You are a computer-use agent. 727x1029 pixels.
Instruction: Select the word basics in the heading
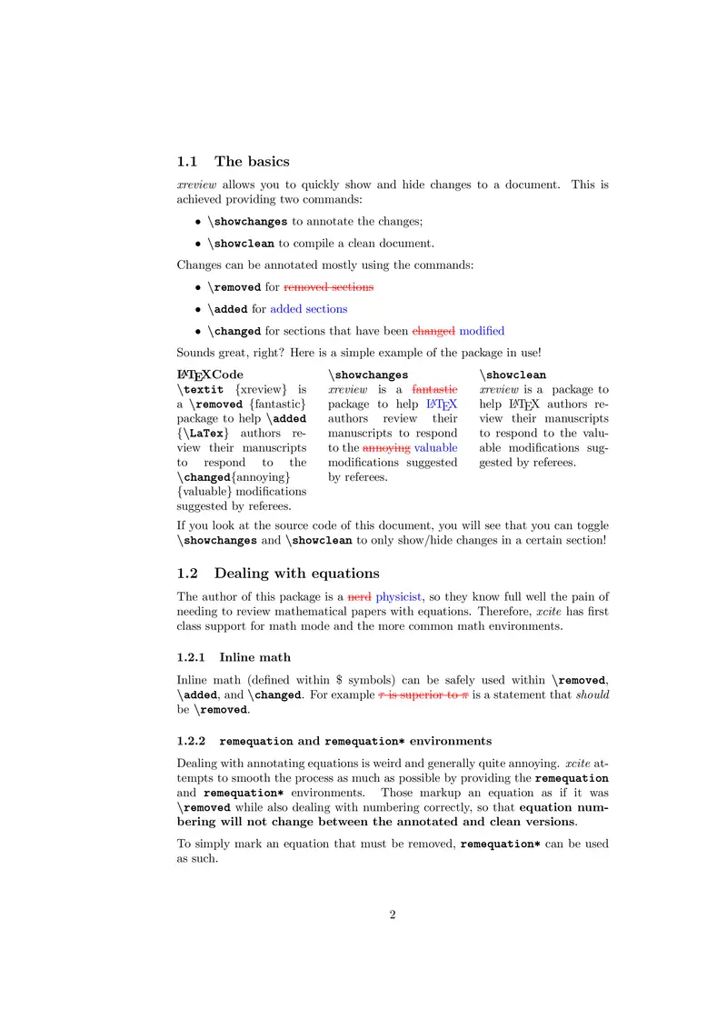(265, 162)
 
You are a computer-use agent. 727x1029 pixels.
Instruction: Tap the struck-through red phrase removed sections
(329, 286)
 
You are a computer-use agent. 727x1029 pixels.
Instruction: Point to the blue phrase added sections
(309, 309)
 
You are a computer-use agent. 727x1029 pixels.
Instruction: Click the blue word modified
(482, 331)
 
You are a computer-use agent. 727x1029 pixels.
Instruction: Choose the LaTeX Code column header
(210, 375)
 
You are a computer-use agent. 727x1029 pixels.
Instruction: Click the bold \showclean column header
(513, 375)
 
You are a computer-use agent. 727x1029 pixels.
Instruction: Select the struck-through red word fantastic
(435, 389)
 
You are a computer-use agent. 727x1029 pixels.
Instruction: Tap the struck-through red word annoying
(386, 447)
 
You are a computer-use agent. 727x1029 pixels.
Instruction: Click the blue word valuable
(436, 447)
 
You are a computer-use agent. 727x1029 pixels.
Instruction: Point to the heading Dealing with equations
(296, 574)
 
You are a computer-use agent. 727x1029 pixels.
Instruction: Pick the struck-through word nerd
(360, 596)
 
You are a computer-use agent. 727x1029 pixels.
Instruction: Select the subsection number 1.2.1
(192, 656)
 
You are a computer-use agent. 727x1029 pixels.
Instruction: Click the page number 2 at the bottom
(393, 915)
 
